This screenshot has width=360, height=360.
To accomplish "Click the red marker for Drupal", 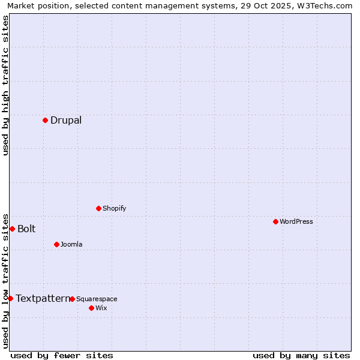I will click(45, 120).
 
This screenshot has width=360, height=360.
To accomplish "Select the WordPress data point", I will click(275, 221).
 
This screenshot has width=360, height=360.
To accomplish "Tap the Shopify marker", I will click(98, 208).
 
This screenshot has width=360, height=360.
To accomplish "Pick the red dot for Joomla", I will click(56, 244).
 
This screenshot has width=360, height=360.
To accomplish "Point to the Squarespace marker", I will click(72, 299).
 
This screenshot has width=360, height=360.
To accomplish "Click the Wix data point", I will click(91, 308).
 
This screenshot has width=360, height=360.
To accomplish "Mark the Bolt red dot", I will click(12, 229).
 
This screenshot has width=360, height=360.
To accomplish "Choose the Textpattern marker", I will click(10, 298).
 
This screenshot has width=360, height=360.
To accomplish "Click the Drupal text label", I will click(66, 120).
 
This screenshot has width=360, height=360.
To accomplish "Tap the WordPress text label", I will click(296, 221).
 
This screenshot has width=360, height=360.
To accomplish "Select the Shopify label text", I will click(114, 208).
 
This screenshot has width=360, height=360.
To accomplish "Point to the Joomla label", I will click(71, 244).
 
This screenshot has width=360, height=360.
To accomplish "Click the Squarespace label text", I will click(97, 299).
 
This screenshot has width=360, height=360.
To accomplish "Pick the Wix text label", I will click(101, 308).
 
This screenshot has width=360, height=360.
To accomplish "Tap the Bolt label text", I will click(26, 229).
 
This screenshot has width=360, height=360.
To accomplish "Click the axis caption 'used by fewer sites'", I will click(62, 355).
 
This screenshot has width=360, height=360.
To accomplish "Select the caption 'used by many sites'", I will click(301, 355).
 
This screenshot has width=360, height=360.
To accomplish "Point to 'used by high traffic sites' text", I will click(5, 85).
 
